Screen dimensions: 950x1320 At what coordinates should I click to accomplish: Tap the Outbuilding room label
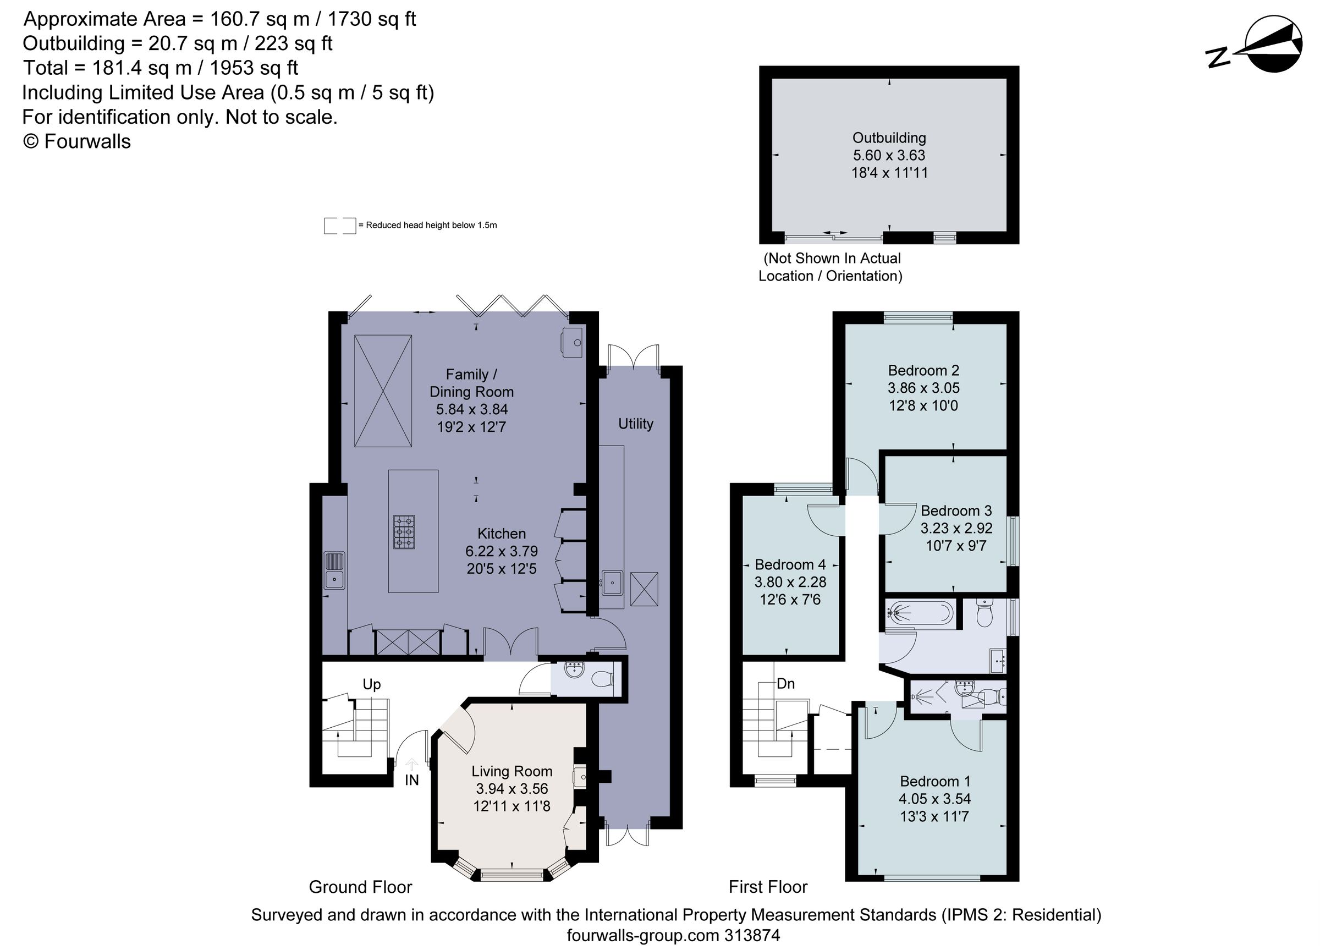click(x=889, y=138)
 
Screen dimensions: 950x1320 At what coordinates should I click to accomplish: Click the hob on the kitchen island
click(x=404, y=531)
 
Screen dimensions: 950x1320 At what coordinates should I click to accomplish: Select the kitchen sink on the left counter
click(x=334, y=570)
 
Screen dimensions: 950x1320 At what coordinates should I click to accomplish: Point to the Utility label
click(x=636, y=424)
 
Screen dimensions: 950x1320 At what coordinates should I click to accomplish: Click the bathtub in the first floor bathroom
click(x=919, y=613)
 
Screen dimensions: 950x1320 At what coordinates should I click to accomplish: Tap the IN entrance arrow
click(x=411, y=764)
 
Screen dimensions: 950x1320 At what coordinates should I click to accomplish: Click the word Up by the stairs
click(x=371, y=684)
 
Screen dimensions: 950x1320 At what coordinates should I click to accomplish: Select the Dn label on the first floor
click(x=785, y=683)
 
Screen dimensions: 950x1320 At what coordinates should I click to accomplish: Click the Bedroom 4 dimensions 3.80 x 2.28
click(x=790, y=581)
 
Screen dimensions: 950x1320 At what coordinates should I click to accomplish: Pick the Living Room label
click(x=512, y=771)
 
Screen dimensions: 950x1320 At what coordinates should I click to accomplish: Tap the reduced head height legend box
click(x=339, y=226)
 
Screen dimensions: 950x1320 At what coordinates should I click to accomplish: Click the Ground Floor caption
click(x=360, y=887)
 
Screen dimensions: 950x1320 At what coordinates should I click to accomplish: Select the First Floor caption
click(x=768, y=887)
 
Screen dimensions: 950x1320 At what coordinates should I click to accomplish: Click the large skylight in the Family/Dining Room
click(x=383, y=391)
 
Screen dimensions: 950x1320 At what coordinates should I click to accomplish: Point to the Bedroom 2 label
click(x=923, y=370)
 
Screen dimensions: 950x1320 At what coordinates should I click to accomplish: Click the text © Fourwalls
click(x=77, y=141)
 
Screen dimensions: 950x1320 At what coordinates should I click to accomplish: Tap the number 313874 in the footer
click(x=751, y=936)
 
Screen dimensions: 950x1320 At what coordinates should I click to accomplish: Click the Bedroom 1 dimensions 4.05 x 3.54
click(x=934, y=799)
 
